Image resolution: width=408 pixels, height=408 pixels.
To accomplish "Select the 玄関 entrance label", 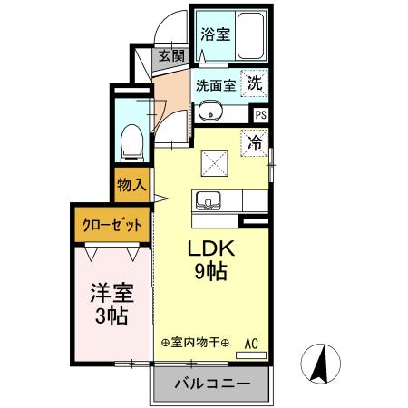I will click(171, 55).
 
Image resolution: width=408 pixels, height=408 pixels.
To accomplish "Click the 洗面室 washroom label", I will click(216, 85).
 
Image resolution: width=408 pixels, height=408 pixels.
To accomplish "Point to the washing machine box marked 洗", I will click(257, 83).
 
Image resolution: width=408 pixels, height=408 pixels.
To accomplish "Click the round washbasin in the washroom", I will click(211, 113).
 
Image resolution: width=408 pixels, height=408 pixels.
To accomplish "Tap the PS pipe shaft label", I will click(260, 115).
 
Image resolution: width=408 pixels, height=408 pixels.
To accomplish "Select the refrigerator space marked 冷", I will click(255, 141).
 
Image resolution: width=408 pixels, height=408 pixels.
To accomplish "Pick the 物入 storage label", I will click(131, 186).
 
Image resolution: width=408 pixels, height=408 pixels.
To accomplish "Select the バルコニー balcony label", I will click(211, 384).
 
